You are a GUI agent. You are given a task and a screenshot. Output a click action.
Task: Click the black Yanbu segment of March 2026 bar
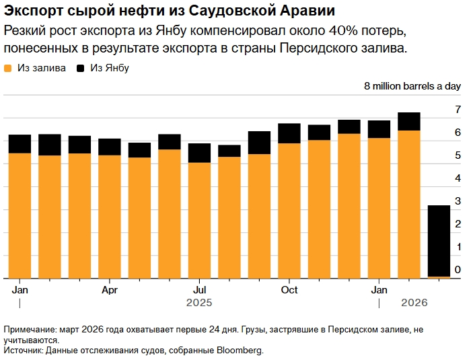439,240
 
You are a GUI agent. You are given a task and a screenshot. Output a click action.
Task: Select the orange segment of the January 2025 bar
20,215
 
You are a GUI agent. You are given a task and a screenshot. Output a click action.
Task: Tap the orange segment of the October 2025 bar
289,210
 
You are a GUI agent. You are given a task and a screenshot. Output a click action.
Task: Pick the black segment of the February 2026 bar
409,121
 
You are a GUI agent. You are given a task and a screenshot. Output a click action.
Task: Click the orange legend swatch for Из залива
8,68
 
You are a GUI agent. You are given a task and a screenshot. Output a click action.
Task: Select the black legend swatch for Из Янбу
81,68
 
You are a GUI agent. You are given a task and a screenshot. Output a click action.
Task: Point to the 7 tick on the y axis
458,110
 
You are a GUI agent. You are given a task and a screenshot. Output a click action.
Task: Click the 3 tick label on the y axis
458,201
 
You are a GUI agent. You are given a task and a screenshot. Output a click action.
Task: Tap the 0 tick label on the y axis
458,270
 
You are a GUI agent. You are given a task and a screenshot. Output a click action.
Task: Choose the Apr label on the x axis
110,290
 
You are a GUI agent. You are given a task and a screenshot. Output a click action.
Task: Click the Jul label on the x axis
198,290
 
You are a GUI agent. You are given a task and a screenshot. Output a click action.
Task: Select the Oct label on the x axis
289,290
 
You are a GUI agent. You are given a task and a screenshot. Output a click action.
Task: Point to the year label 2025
198,303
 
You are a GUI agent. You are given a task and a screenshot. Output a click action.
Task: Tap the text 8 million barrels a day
412,86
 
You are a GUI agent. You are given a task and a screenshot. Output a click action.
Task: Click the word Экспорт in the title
33,12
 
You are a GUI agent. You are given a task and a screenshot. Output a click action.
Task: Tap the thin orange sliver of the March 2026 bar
439,277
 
